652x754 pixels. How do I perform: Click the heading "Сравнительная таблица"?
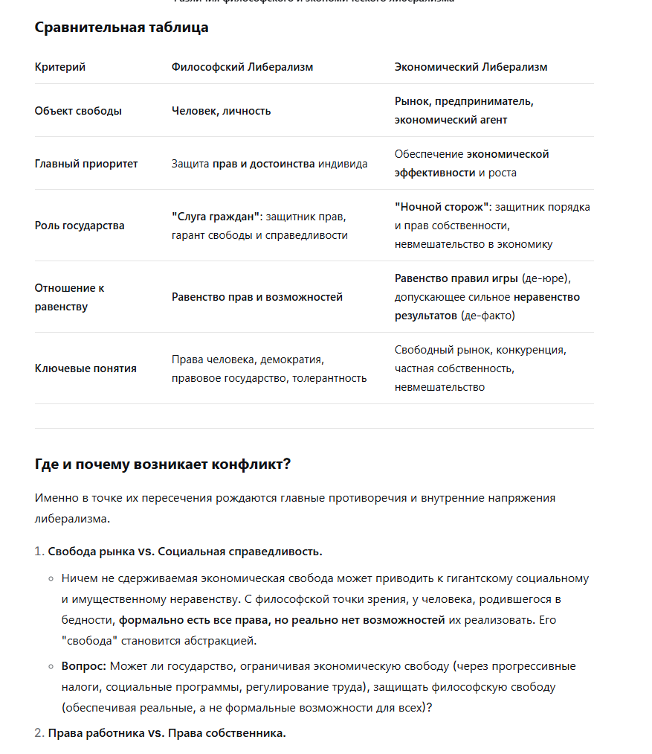coord(121,28)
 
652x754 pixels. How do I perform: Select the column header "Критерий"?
coord(60,67)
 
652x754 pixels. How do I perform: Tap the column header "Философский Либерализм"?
coord(242,67)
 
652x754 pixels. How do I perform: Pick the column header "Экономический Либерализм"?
coord(471,67)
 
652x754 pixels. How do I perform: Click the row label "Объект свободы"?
coord(78,111)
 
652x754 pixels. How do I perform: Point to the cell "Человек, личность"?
coord(221,111)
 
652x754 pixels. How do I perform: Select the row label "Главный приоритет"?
coord(86,164)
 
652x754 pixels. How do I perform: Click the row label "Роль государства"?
coord(80,226)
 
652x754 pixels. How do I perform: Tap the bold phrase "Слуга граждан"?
coord(216,217)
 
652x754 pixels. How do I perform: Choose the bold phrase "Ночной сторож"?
coord(442,207)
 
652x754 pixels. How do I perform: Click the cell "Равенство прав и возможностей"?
coord(257,297)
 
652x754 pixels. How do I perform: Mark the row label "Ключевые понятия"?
coord(85,368)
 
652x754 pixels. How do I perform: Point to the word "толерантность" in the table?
coord(329,378)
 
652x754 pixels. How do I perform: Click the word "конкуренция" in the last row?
coord(531,350)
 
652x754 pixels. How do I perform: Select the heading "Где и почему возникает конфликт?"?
coord(163,464)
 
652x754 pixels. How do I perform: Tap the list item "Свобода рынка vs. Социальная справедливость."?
coord(185,552)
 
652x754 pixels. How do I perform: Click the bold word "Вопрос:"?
coord(83,666)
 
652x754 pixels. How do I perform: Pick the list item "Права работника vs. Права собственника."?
coord(167,733)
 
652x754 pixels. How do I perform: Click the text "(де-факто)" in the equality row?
coord(488,316)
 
